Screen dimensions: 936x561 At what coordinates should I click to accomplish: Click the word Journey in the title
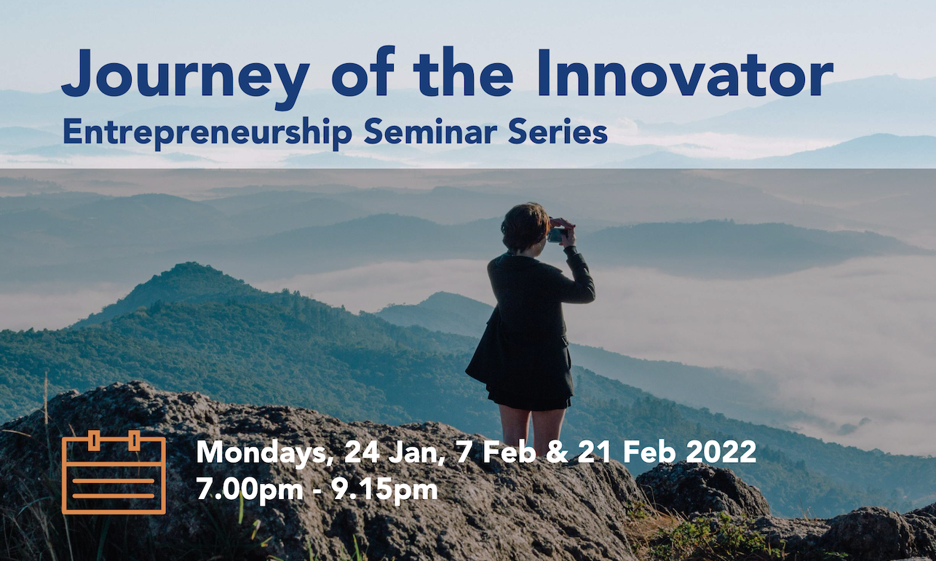click(186, 78)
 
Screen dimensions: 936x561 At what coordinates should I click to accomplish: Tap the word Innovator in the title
click(686, 73)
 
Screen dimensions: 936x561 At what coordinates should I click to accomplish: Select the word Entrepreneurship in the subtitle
click(207, 133)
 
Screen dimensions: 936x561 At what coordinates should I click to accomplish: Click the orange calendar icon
click(114, 472)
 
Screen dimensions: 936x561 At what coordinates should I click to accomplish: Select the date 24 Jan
click(394, 453)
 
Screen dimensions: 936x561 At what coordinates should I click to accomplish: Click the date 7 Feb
click(496, 452)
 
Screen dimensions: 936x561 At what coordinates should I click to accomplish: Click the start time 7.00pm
click(250, 488)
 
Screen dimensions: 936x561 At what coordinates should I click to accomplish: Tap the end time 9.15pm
click(384, 488)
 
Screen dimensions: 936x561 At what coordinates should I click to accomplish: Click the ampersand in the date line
click(557, 452)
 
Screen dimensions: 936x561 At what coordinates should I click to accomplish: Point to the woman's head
click(525, 227)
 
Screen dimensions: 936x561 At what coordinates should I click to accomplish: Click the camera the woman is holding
click(557, 235)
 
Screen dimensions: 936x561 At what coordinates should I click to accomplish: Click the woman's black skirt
click(530, 393)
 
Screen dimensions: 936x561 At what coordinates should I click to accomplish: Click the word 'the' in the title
click(463, 73)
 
